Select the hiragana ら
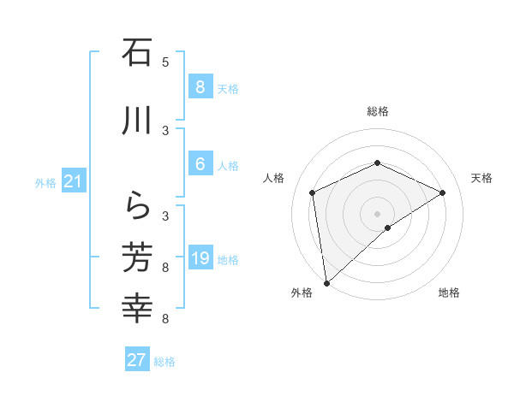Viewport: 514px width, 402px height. tap(137, 205)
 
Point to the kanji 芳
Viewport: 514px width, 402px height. tap(137, 257)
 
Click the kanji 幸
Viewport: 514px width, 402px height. tap(137, 308)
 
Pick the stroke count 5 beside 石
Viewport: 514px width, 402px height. tap(165, 62)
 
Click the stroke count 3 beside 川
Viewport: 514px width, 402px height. tap(165, 130)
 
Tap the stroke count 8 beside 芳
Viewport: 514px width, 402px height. tap(165, 268)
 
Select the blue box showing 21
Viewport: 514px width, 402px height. tap(73, 181)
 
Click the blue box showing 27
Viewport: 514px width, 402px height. tap(137, 360)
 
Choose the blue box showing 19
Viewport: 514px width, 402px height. tap(200, 258)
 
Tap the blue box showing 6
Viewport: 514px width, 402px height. tap(200, 164)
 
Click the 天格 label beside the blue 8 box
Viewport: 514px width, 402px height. tap(228, 88)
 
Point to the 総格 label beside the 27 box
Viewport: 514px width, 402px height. tap(164, 362)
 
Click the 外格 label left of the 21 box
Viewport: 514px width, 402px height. tap(45, 182)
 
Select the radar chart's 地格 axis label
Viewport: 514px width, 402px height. tap(449, 293)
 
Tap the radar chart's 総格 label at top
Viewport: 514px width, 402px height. tap(377, 111)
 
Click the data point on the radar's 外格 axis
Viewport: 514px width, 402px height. tap(326, 282)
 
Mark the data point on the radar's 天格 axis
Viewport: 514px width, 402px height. tap(443, 192)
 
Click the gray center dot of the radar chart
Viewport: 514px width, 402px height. tap(377, 213)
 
